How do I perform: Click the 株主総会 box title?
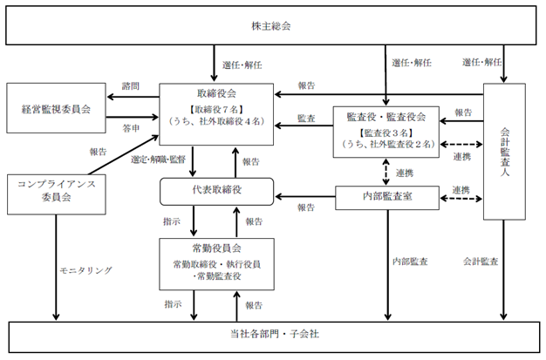coord(271,26)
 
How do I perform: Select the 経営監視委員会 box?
coord(56,108)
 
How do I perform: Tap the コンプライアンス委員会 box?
coord(57,194)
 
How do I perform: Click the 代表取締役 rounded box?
coord(216,192)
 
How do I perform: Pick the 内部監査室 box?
coord(387,198)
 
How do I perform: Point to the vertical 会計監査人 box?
coord(504,152)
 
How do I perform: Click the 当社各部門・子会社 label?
coord(275,334)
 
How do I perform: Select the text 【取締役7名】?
coord(216,109)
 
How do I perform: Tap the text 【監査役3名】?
coord(386,132)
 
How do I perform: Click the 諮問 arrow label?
coord(131,86)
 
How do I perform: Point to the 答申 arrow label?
coord(131,128)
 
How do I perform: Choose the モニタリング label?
coord(86,270)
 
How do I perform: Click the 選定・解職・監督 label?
coord(158,160)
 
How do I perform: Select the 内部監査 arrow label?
coord(410,262)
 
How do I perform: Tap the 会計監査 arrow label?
coord(481,262)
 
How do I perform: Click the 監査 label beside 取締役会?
coord(306,119)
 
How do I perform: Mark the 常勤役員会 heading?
coord(216,248)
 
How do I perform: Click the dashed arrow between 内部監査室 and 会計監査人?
coord(461,199)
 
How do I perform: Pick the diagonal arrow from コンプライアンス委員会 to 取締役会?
coord(124,154)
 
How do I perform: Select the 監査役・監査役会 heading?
coord(386,117)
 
